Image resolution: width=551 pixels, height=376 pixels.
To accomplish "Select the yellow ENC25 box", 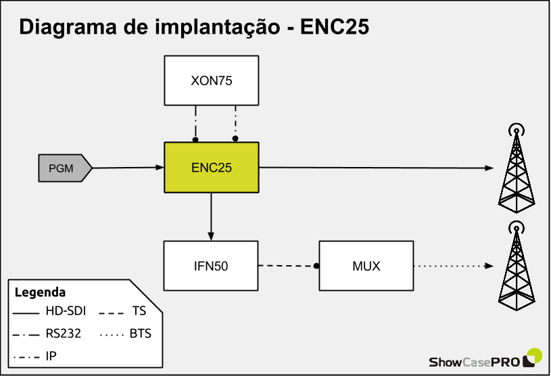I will [x=211, y=167].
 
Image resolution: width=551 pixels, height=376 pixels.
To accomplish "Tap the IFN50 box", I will [x=211, y=266].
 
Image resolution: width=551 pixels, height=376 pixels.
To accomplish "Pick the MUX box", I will [x=366, y=266].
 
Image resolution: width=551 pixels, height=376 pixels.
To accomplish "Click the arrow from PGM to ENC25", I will [x=128, y=167].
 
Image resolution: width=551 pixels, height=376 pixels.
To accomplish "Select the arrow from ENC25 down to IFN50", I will [x=211, y=216].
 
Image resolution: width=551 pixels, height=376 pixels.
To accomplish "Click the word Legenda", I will [x=40, y=293].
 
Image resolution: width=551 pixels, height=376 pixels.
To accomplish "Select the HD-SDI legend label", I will [x=66, y=312].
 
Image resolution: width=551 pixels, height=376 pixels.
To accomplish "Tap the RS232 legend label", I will [x=63, y=333].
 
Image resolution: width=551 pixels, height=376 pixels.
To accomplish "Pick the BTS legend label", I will [x=139, y=333].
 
